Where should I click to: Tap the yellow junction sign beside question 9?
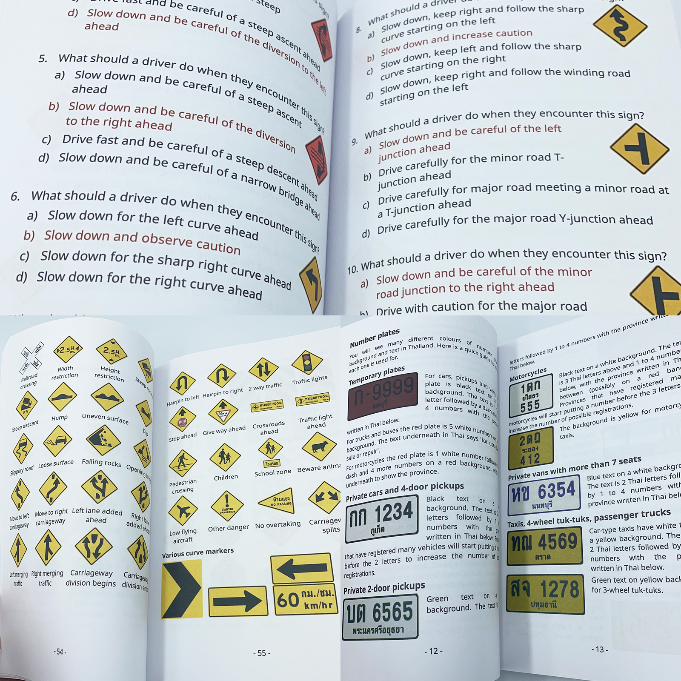point(639,149)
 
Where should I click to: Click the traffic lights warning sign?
point(307,363)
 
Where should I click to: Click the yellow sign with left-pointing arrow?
point(302,568)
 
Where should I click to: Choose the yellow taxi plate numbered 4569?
point(545,546)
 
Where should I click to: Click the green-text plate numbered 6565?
point(380,618)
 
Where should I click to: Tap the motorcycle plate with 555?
point(531,396)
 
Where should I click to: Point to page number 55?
point(261,653)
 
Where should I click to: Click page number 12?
point(433,651)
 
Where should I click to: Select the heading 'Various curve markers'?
point(197,552)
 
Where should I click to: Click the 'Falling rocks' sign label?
point(101,462)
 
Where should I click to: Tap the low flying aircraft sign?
point(183,510)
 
